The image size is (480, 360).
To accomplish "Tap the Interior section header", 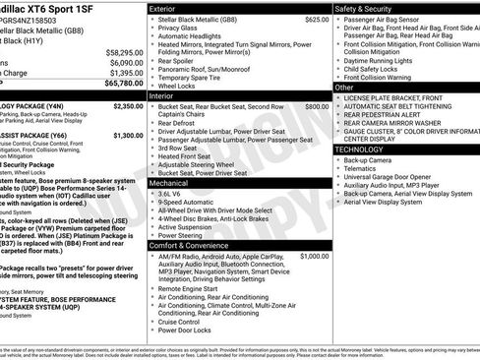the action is coord(161,95).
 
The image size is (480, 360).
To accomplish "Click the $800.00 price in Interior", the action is coord(317,106).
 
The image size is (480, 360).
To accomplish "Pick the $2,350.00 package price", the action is coord(128,105).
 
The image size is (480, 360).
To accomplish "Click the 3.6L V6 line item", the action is coord(175,194).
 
